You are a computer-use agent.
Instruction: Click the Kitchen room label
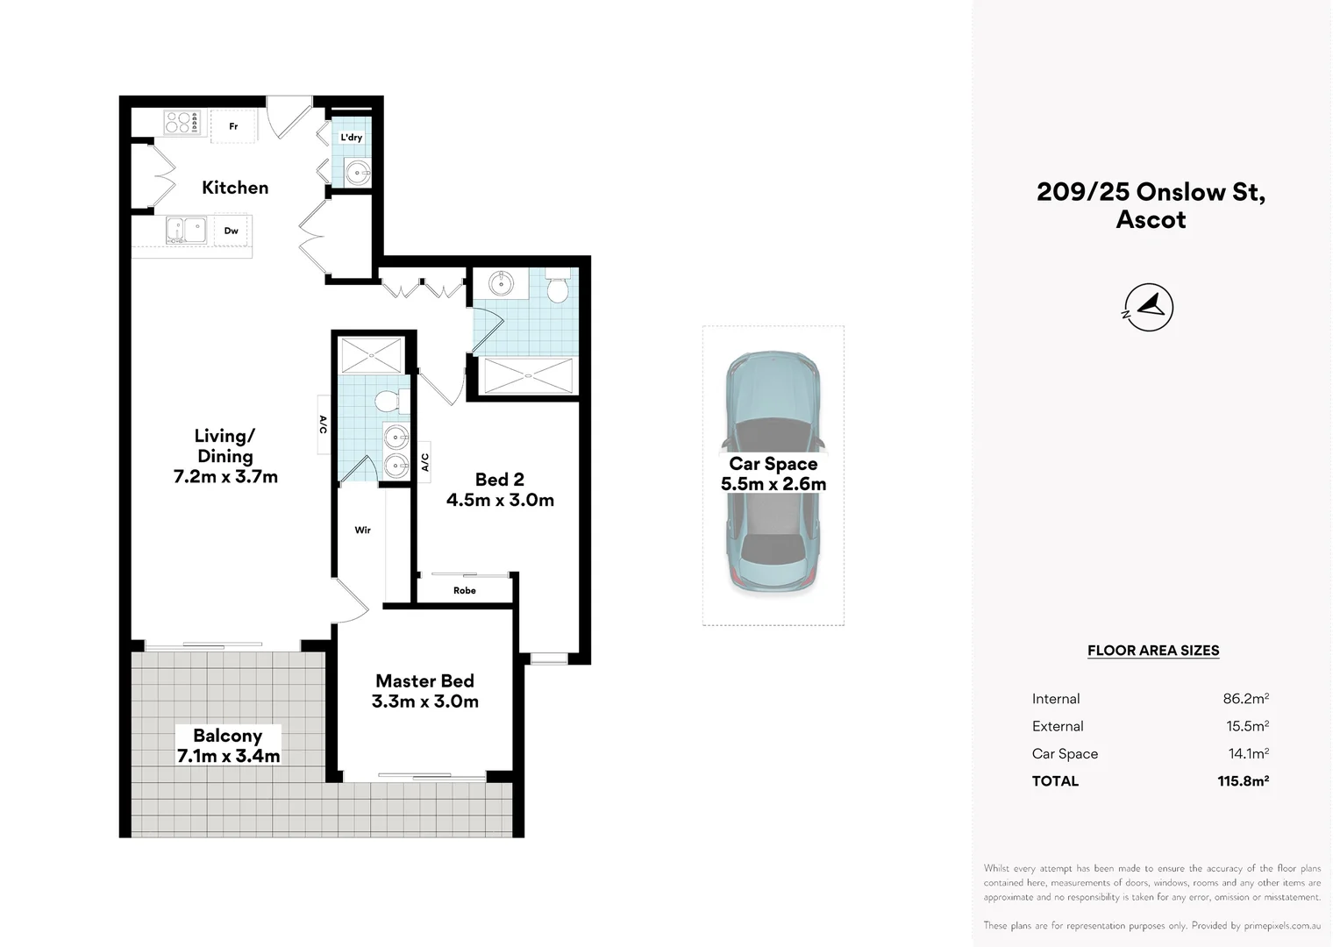coord(235,188)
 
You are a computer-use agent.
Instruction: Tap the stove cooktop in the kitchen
coord(182,123)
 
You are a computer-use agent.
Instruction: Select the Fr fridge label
coord(233,126)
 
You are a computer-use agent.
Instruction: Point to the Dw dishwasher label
coord(231,231)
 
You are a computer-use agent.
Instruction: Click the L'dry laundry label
coord(351,138)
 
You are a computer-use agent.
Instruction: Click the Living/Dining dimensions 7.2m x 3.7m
coord(225,477)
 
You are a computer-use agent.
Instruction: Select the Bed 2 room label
coord(500,479)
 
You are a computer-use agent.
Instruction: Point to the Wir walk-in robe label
coord(362,530)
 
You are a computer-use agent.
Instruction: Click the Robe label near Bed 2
coord(464,590)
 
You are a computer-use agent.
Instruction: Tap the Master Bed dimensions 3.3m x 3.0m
coord(424,701)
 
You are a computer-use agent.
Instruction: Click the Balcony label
coord(227,736)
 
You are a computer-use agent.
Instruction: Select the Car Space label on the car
coord(773,464)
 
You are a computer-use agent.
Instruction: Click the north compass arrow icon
coord(1149,307)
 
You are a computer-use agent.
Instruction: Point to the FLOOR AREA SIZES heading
coord(1152,651)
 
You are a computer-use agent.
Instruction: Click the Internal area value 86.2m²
coord(1245,698)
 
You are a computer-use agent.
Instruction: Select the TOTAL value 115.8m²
coord(1243,780)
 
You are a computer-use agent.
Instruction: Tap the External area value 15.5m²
coord(1247,726)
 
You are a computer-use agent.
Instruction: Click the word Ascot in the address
coord(1151,219)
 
